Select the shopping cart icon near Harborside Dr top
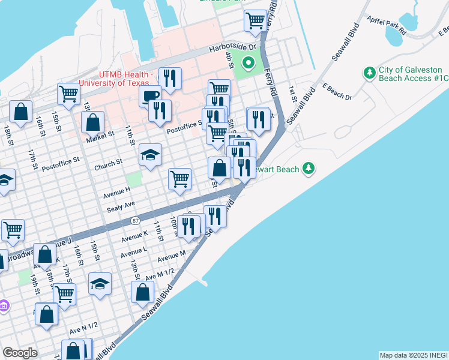(255, 20)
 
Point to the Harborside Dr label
(232, 47)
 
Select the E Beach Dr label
(337, 91)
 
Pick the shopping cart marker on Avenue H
(179, 179)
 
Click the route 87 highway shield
(136, 220)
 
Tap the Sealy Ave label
(119, 206)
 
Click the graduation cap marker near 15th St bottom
(100, 284)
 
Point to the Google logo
(20, 353)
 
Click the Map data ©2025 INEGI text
(413, 355)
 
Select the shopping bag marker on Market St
(93, 122)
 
